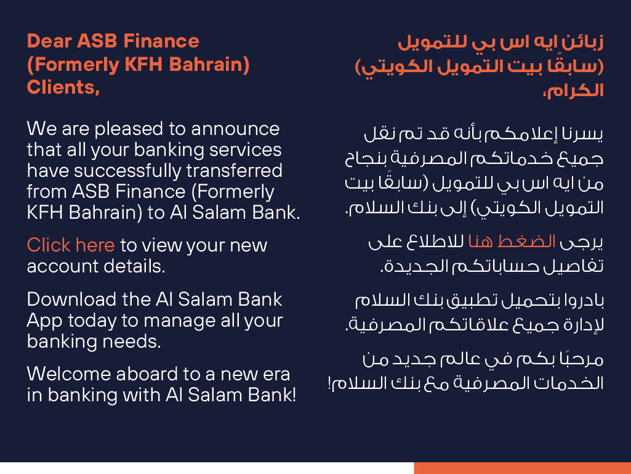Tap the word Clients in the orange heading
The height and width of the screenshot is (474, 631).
(x=61, y=87)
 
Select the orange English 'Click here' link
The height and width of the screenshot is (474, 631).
(x=71, y=245)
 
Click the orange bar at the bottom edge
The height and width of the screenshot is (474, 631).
(x=522, y=468)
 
